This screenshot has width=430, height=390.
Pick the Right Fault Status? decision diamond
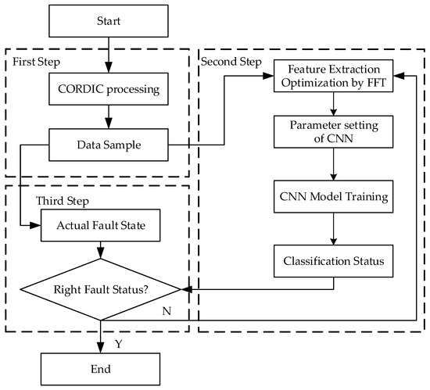tap(101, 288)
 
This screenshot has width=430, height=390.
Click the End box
tap(101, 367)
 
